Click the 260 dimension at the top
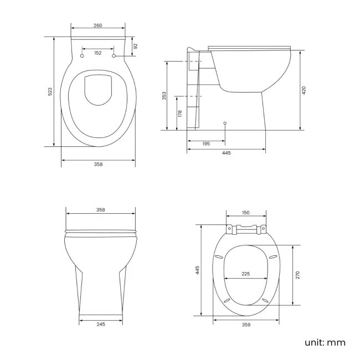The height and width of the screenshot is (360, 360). click(x=98, y=25)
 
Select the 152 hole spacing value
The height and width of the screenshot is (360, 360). click(x=98, y=53)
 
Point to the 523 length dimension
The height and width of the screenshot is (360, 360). click(x=50, y=91)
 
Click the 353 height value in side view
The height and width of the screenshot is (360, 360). click(x=164, y=96)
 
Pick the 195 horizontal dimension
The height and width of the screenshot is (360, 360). click(x=206, y=143)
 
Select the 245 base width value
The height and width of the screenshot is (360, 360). click(x=100, y=324)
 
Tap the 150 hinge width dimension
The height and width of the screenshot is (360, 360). click(x=246, y=213)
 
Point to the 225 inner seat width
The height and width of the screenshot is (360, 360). click(x=246, y=273)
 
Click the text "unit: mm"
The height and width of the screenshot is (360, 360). click(x=325, y=342)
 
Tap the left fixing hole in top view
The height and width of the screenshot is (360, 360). click(x=83, y=56)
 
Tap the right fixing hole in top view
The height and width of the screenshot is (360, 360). click(x=114, y=56)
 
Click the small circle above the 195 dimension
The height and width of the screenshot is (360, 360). click(x=224, y=122)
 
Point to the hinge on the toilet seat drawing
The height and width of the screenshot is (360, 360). click(x=246, y=228)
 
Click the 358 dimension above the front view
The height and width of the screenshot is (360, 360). click(x=100, y=210)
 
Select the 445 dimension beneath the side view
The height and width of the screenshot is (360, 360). click(x=226, y=153)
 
